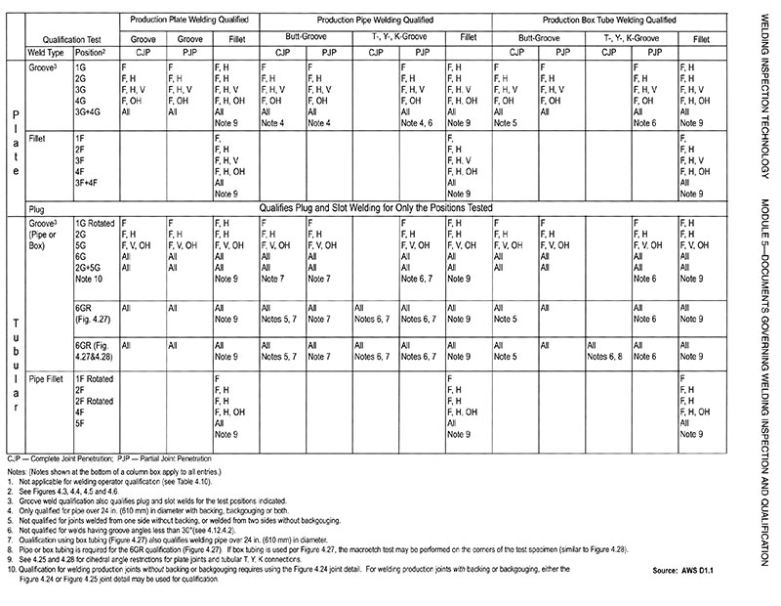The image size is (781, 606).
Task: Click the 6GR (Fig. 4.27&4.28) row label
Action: tap(94, 352)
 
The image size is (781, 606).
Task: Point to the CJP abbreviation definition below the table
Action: tap(59, 457)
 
